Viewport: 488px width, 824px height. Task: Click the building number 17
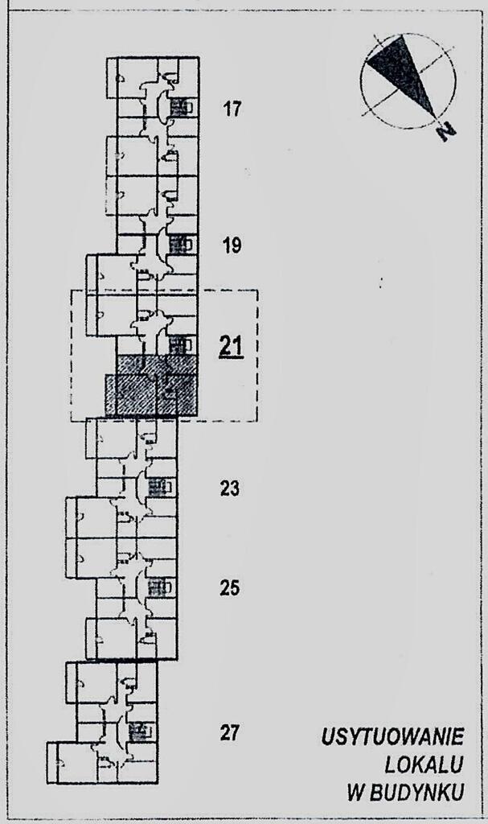click(232, 109)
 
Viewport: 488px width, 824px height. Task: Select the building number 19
click(232, 245)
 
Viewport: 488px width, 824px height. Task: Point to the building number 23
click(230, 488)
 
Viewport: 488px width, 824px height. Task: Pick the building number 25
click(230, 588)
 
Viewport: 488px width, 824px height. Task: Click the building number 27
click(230, 732)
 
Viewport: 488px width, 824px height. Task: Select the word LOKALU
click(424, 766)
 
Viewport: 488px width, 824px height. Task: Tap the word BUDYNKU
click(417, 793)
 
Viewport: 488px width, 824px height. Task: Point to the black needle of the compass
click(403, 74)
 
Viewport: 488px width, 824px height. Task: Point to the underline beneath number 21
click(232, 356)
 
